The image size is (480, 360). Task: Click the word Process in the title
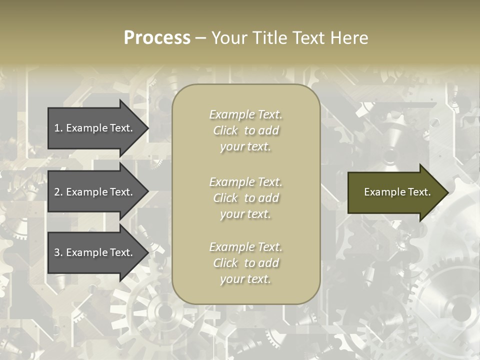(x=157, y=38)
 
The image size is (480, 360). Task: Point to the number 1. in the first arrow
(x=58, y=128)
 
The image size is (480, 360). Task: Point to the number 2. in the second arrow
(x=58, y=192)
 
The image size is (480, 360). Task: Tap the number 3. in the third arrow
(x=58, y=252)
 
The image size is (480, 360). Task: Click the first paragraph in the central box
(x=245, y=130)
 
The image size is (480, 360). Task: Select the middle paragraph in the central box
(x=245, y=198)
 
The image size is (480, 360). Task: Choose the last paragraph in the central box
(x=245, y=263)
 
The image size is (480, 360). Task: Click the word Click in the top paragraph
(x=225, y=130)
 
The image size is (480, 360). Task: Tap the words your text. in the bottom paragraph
(x=245, y=279)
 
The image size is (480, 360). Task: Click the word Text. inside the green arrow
(x=417, y=192)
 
